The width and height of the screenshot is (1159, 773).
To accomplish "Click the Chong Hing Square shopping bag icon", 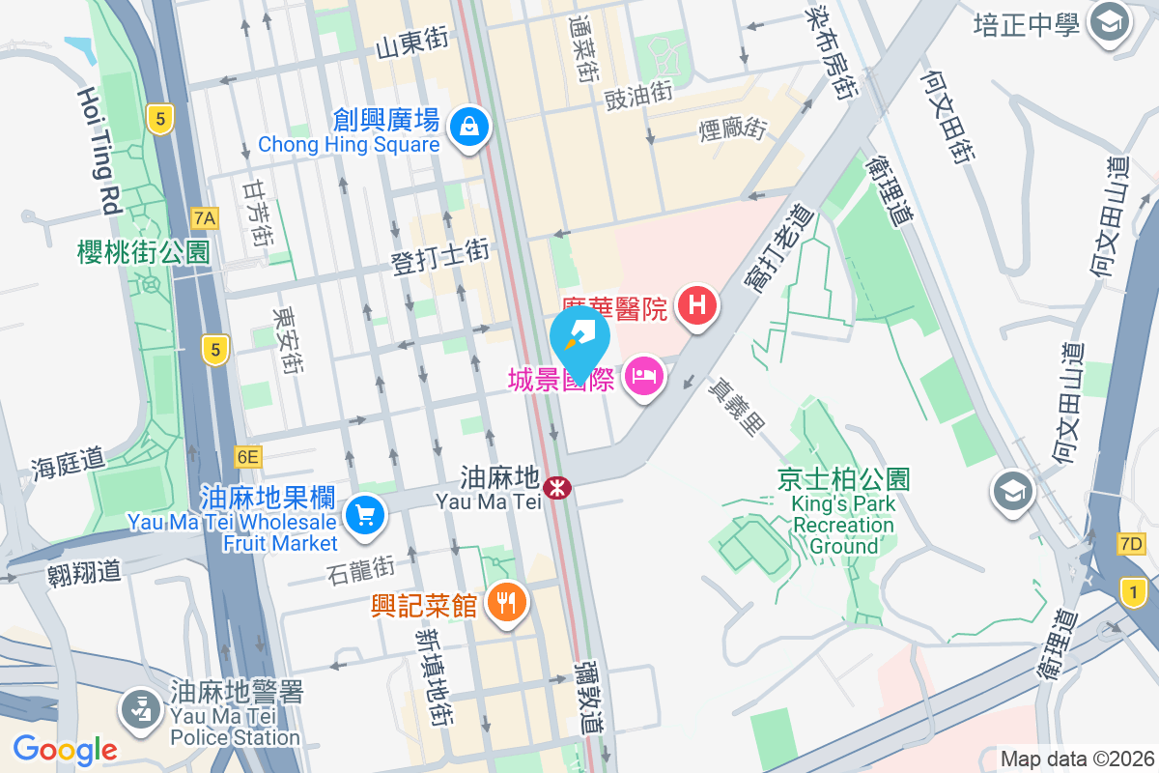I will (x=468, y=126).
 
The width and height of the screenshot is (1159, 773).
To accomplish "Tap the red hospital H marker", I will (x=697, y=307).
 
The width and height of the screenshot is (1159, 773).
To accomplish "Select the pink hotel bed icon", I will (x=642, y=376).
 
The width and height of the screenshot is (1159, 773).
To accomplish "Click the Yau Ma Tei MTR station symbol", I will (x=556, y=488).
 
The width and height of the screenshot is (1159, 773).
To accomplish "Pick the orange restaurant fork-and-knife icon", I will (x=505, y=603).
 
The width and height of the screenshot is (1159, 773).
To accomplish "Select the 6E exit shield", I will (x=247, y=456).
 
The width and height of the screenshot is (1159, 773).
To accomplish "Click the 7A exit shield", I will (x=204, y=218).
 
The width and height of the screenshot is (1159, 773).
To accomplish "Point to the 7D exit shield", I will (x=1130, y=544).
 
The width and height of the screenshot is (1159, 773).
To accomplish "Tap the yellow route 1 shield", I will (x=1134, y=590).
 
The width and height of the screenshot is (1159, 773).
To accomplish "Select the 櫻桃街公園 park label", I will (x=144, y=253).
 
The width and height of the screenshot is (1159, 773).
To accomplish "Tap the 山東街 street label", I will (x=412, y=42).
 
